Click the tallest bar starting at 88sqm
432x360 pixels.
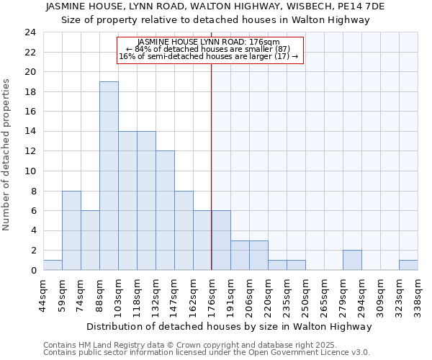coord(109,176)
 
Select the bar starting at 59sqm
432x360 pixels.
coord(71,230)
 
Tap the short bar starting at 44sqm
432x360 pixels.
coord(53,265)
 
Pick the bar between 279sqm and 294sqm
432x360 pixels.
coord(352,260)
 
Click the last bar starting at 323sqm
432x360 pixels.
coord(408,265)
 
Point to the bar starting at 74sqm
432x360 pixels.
coord(90,240)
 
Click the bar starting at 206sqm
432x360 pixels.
coord(258,255)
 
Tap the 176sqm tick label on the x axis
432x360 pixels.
coord(211,295)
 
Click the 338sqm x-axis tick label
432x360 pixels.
coord(417,295)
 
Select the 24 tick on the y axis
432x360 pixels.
coord(30,32)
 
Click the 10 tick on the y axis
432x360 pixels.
coord(30,171)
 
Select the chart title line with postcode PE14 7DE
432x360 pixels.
coord(215,6)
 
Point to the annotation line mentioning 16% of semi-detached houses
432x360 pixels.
coord(208,56)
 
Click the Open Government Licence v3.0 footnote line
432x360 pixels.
coord(207,352)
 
